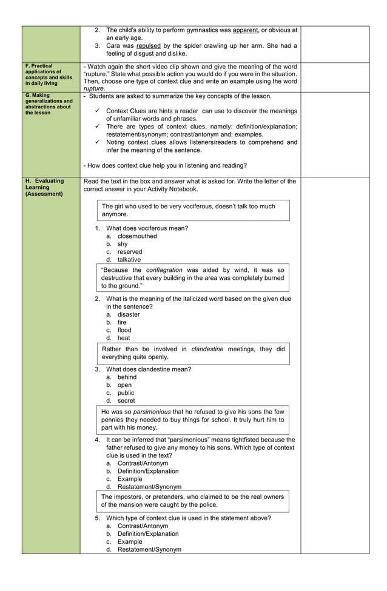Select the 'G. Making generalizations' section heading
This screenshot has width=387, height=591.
point(49,104)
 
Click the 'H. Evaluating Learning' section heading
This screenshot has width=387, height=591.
point(44,187)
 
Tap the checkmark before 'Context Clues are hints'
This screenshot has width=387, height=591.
point(98,111)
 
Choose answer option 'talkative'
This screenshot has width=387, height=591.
point(129,260)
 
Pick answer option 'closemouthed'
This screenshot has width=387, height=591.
point(137,236)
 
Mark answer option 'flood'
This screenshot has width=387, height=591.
point(124,330)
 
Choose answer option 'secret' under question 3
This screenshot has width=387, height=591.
point(126,400)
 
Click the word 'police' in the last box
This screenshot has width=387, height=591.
point(205,504)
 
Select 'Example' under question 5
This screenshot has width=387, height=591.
point(130,541)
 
